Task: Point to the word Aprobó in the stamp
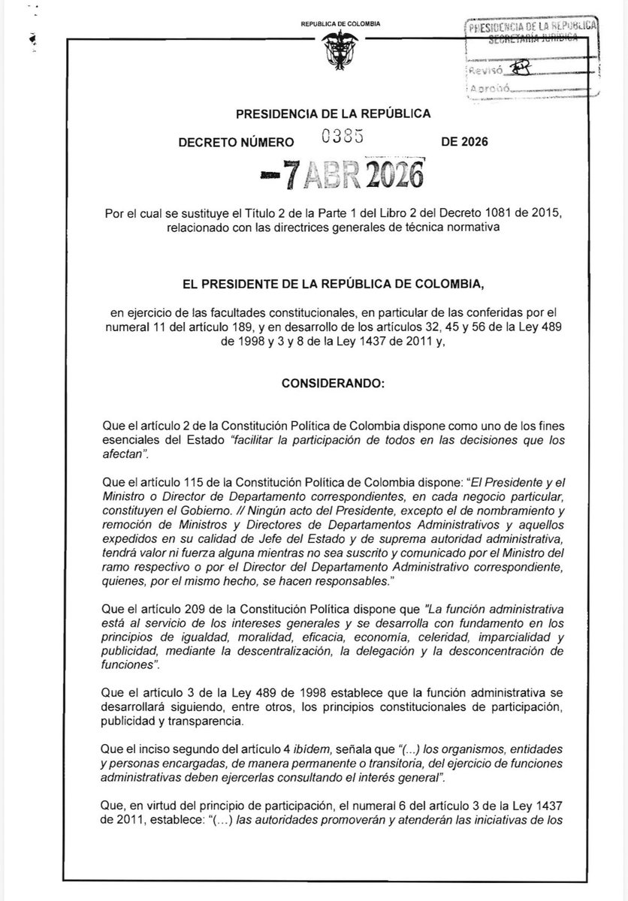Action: (x=489, y=89)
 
